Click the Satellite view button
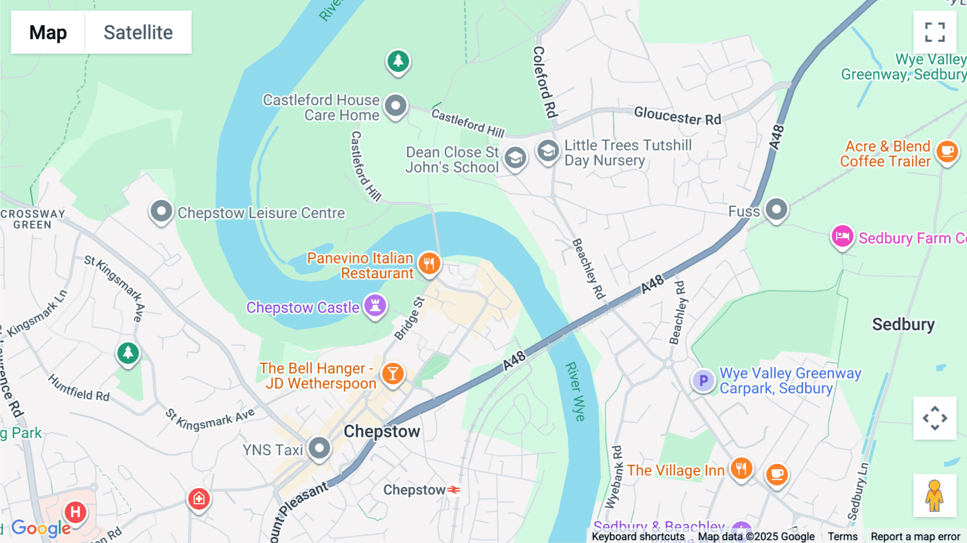point(138,32)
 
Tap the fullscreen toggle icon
point(935,32)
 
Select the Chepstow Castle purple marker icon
point(376,306)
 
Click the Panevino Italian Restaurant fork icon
point(429,264)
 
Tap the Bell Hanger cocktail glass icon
point(393,374)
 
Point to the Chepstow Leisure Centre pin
point(161,212)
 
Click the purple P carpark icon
point(703,381)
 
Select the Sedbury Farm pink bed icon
point(842,237)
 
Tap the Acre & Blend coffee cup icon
point(947,152)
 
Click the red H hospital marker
point(76,512)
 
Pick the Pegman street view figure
point(935,496)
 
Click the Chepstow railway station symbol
point(454,490)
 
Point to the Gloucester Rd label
point(677,116)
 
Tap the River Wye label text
point(575,391)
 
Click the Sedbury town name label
point(903,324)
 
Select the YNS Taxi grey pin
point(320,448)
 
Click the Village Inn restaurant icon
point(741,469)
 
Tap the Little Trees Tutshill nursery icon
point(548,152)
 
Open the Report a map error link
point(915,537)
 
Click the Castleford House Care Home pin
point(396,106)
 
